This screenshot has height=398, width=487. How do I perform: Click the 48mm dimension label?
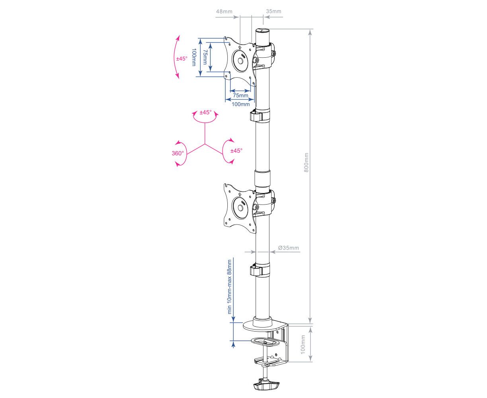tap(224, 11)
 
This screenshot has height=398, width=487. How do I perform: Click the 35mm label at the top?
tap(274, 11)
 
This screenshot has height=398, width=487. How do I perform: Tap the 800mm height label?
tap(306, 162)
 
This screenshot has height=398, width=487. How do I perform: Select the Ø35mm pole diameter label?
tap(288, 248)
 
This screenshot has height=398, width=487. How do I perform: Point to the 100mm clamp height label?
tap(303, 344)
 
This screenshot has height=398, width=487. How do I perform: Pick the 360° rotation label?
tap(178, 153)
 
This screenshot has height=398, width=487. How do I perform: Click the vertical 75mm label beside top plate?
tap(205, 57)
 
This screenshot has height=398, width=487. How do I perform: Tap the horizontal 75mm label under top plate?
tap(241, 96)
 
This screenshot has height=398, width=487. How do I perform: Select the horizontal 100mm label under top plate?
tap(241, 104)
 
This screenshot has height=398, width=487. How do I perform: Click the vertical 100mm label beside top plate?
tap(194, 57)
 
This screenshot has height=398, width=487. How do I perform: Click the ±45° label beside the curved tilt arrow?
tap(182, 59)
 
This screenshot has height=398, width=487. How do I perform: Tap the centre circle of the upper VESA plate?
tap(241, 61)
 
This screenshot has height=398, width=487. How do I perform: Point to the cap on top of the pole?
tap(262, 31)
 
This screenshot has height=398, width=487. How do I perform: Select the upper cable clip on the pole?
tap(259, 115)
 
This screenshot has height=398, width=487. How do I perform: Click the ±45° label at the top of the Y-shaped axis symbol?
tap(205, 112)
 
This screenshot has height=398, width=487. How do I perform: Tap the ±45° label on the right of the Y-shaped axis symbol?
tap(236, 151)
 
